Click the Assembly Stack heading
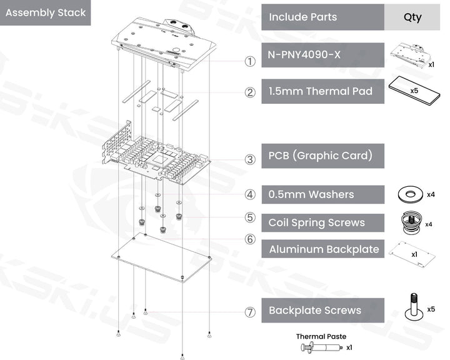point(45,12)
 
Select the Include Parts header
point(302,17)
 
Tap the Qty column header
point(412,17)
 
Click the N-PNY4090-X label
point(304,54)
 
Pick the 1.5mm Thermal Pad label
point(320,91)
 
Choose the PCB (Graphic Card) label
point(320,155)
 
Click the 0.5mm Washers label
point(311,194)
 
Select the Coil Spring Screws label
point(316,222)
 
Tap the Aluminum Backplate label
point(324,249)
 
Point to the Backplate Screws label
point(314,310)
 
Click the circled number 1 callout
point(250,61)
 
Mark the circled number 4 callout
point(250,194)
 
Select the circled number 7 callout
point(250,312)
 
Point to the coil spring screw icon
point(410,222)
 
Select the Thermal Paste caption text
point(321,336)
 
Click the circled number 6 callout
point(250,239)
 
